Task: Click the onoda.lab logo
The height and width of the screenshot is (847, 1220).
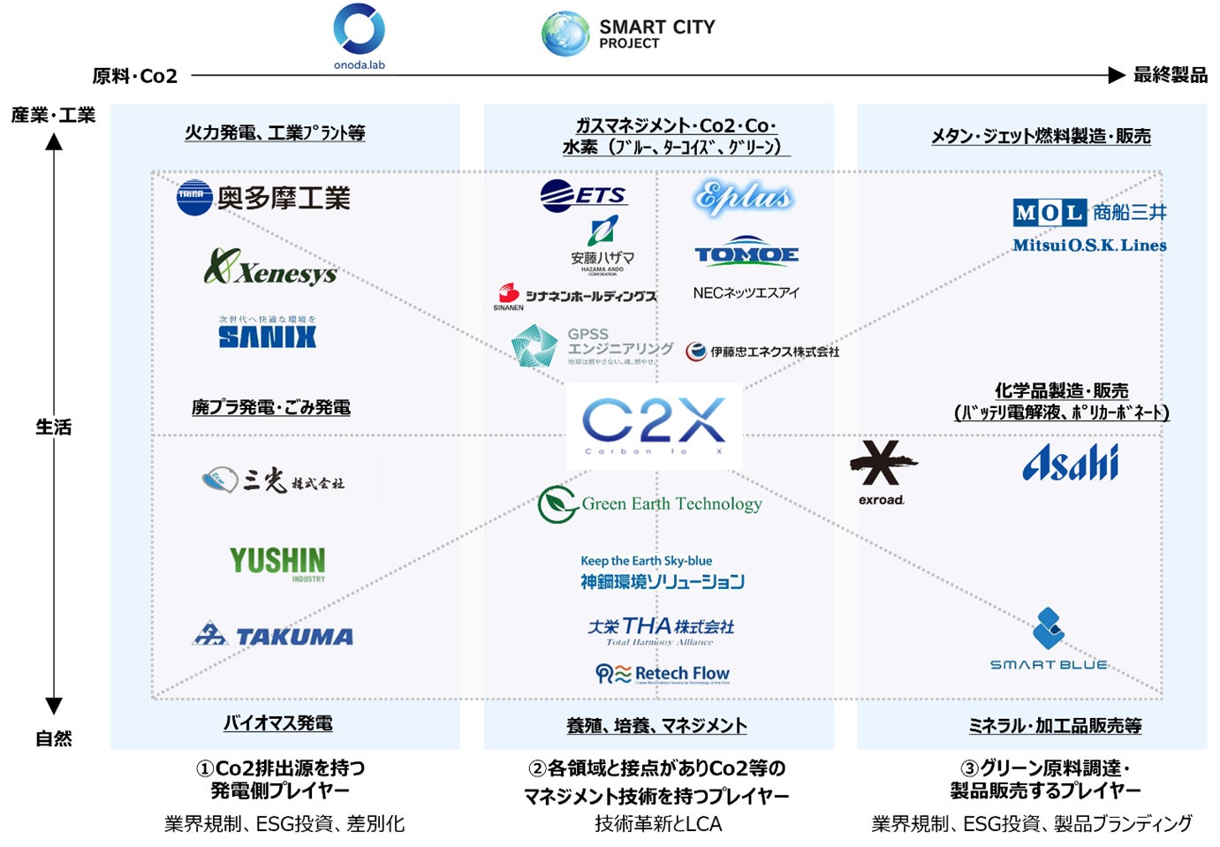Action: click(x=359, y=32)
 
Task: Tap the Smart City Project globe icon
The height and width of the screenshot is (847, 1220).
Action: click(x=565, y=34)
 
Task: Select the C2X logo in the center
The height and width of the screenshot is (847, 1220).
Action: click(x=654, y=425)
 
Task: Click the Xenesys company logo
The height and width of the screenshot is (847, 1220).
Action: click(x=270, y=267)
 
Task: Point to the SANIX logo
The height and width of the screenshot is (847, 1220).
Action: click(x=267, y=335)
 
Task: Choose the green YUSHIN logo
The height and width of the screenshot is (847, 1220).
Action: click(x=277, y=562)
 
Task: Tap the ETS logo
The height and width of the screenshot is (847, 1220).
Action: click(x=582, y=195)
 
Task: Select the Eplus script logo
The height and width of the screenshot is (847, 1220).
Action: click(x=743, y=198)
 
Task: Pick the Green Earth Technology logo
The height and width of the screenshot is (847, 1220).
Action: click(x=650, y=503)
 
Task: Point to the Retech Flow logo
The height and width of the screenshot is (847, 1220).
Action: click(x=663, y=674)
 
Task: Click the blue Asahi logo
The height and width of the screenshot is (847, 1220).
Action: click(x=1070, y=462)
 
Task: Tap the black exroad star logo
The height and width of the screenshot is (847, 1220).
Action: click(x=883, y=463)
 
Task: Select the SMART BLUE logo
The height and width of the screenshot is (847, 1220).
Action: click(x=1049, y=639)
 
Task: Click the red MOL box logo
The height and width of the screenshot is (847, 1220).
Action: click(x=1049, y=212)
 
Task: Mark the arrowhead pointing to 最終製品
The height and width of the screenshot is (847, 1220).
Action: click(x=1117, y=75)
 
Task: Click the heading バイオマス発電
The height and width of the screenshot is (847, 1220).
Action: click(x=277, y=722)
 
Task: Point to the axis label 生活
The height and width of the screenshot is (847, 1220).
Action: click(x=53, y=427)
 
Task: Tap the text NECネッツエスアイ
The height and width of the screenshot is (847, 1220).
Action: click(x=746, y=292)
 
